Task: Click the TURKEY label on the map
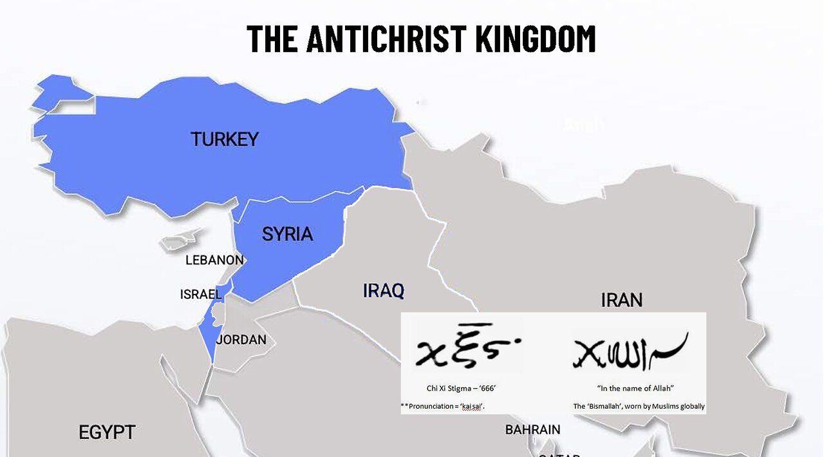[x=224, y=139]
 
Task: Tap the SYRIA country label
[x=287, y=234]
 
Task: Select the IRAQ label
[x=384, y=291]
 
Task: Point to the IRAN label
[x=621, y=300]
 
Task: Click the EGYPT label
[x=107, y=432]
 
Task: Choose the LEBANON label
[x=214, y=260]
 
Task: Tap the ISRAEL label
[x=201, y=295]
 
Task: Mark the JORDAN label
[x=241, y=340]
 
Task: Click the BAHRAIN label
[x=532, y=429]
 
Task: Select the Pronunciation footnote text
[x=442, y=406]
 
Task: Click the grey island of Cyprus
[x=178, y=242]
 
